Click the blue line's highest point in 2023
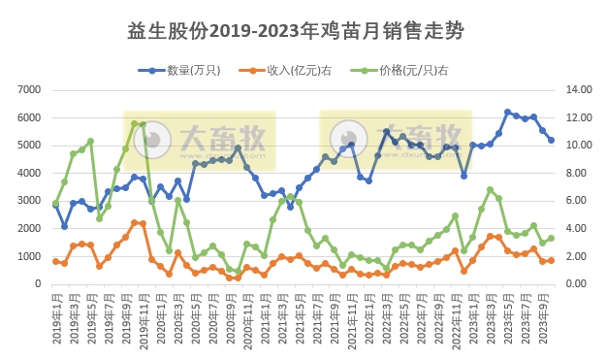coord(507,113)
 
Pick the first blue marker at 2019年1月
coord(56,204)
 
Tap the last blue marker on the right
coord(552,140)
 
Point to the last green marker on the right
coord(552,238)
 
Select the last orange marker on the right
coord(552,260)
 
